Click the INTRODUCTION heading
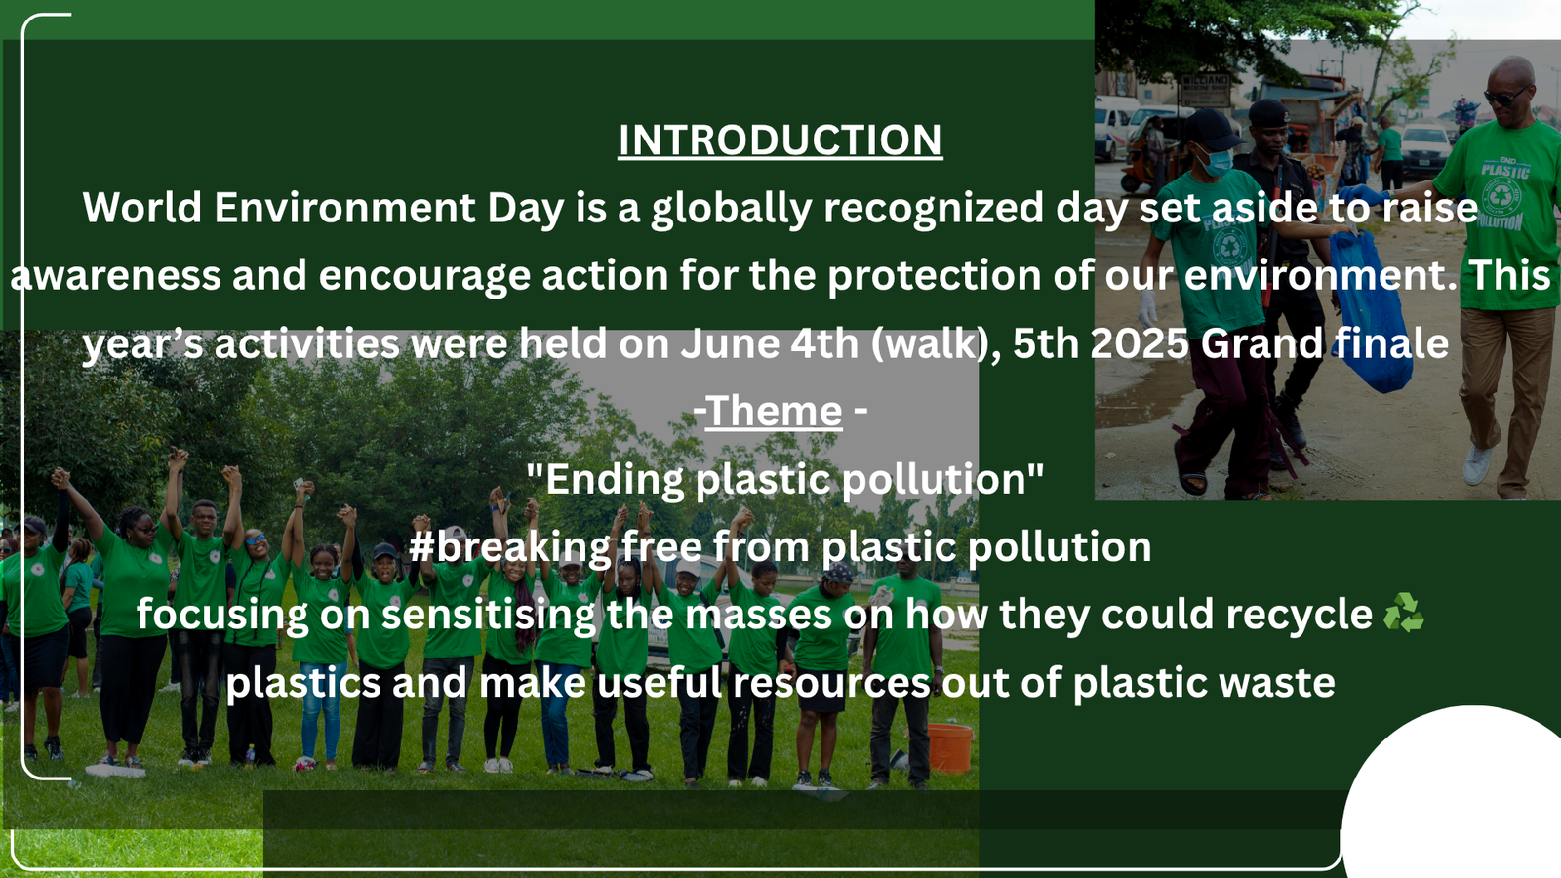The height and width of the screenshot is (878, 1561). pos(780,140)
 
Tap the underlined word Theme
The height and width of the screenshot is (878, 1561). pos(774,411)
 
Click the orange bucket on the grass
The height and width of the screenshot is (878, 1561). pos(949,747)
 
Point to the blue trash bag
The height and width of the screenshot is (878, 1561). pos(1370,311)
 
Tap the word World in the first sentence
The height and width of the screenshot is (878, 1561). pos(142,208)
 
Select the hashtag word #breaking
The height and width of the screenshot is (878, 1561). pos(509,546)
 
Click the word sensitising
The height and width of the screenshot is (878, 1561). pos(488,616)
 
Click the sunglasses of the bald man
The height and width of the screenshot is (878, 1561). pos(1506,97)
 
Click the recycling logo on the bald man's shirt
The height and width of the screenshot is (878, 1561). pos(1503,197)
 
